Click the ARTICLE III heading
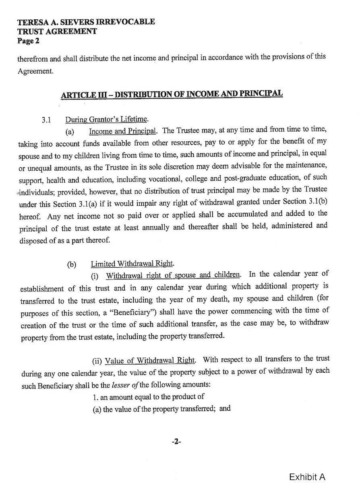[x=172, y=94]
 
